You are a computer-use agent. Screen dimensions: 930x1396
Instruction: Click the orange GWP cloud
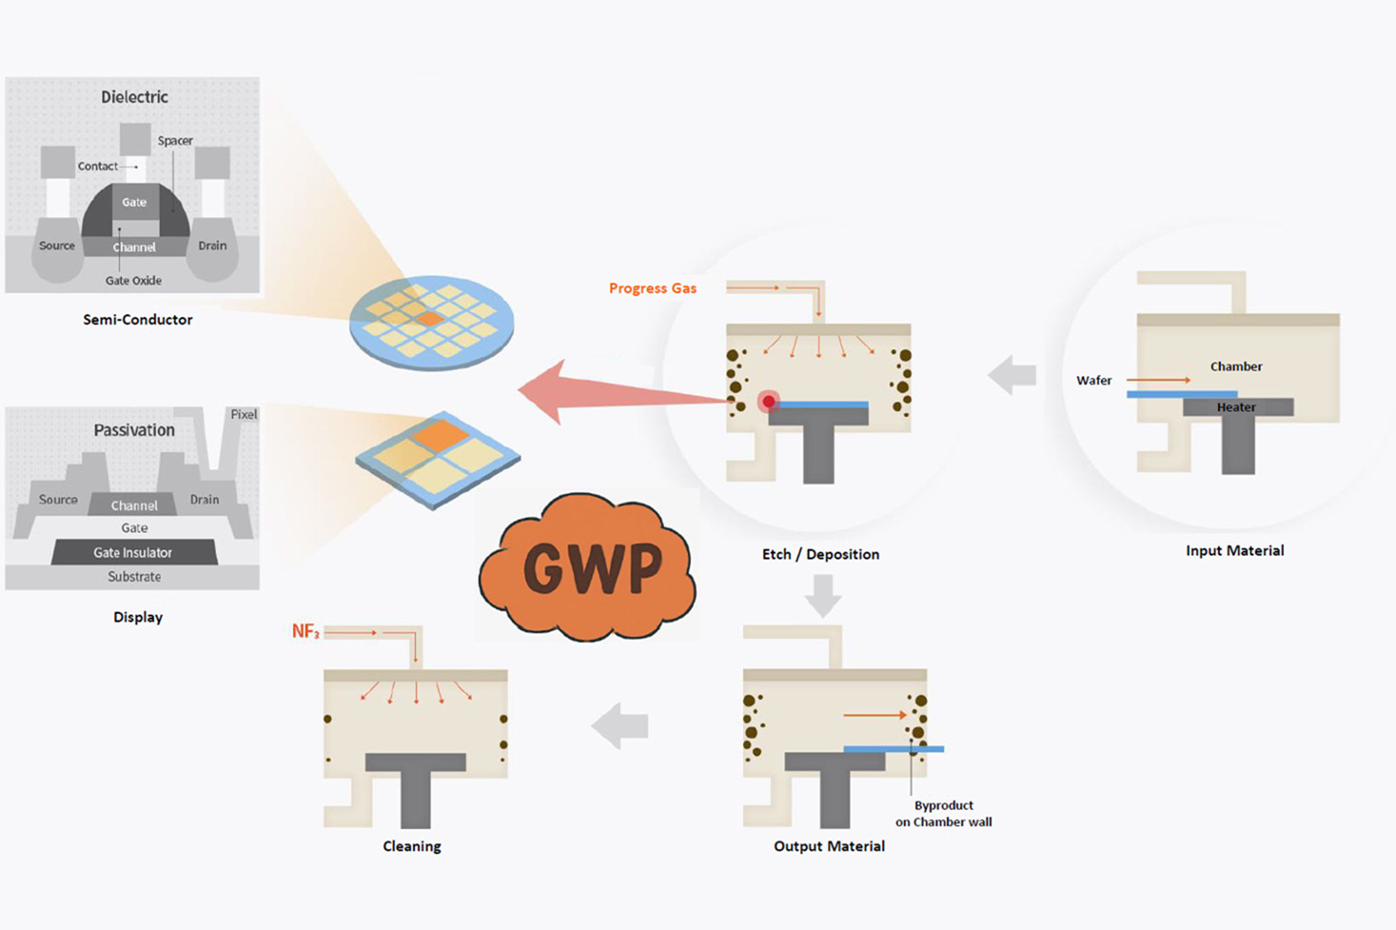click(x=587, y=567)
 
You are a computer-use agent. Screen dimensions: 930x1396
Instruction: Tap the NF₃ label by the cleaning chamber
click(x=305, y=632)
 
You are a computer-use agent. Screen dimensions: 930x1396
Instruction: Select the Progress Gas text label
click(x=653, y=288)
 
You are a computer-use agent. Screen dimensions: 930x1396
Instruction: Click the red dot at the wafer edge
click(x=768, y=402)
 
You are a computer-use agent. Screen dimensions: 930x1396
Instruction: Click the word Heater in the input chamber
click(x=1236, y=407)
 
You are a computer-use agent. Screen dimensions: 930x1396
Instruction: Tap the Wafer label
click(x=1093, y=381)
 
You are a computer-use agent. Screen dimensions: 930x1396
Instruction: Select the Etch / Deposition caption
click(x=820, y=554)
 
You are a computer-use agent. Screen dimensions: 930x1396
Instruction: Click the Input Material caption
click(x=1234, y=550)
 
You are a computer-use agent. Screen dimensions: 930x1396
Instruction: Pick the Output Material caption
click(x=829, y=846)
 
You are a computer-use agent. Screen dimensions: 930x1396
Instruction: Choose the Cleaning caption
click(x=411, y=846)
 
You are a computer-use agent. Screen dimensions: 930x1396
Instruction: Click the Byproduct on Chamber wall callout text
click(x=943, y=814)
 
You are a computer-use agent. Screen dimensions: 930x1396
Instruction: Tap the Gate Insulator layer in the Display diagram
click(x=133, y=553)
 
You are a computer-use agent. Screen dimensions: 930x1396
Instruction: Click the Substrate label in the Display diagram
click(x=134, y=577)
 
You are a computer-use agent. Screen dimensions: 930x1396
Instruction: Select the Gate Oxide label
click(x=133, y=281)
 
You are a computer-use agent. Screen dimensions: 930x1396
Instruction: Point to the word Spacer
click(x=175, y=141)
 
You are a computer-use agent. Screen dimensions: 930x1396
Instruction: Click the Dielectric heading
click(x=134, y=97)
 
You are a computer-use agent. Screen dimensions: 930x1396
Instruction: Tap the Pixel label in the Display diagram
click(x=244, y=415)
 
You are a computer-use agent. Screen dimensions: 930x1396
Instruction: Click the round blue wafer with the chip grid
click(x=432, y=322)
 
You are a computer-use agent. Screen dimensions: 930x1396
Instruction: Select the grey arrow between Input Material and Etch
click(x=1013, y=375)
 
